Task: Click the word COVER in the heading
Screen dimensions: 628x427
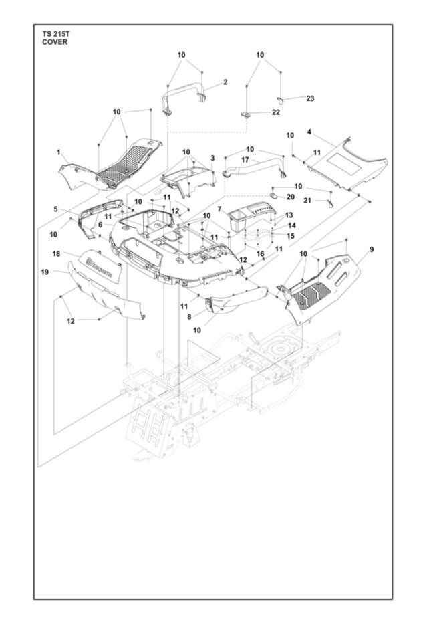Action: (54, 41)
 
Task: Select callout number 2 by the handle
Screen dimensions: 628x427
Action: (225, 82)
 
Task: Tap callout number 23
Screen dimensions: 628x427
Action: (310, 98)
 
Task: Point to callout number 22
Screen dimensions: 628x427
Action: (275, 112)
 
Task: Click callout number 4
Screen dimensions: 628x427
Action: (309, 132)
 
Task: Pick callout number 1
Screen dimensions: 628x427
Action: (59, 152)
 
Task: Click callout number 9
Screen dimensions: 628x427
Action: (371, 249)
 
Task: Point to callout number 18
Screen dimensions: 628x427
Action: (56, 254)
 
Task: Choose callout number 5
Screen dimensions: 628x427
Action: (55, 209)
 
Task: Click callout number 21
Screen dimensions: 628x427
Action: (307, 200)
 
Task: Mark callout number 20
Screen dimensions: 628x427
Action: (290, 197)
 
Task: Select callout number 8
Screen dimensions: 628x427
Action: (190, 316)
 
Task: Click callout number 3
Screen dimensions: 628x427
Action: (212, 158)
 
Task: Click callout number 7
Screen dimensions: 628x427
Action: (219, 210)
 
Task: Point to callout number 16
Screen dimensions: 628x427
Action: (261, 253)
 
